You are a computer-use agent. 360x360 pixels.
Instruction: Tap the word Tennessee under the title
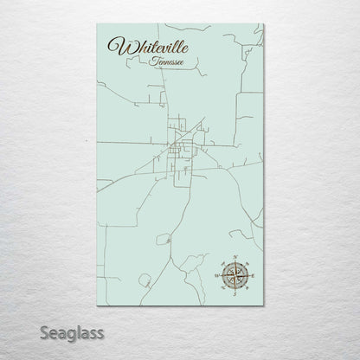pyautogui.click(x=165, y=61)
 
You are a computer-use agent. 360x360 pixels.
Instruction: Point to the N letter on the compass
pyautogui.click(x=233, y=257)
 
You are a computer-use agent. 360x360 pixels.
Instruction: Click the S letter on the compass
pyautogui.click(x=233, y=294)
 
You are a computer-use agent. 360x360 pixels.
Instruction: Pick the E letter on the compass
pyautogui.click(x=252, y=276)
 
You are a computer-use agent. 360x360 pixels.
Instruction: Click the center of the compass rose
pyautogui.click(x=233, y=276)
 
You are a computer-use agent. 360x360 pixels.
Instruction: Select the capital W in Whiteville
pyautogui.click(x=117, y=47)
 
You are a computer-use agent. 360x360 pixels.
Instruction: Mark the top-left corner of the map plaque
pyautogui.click(x=98, y=24)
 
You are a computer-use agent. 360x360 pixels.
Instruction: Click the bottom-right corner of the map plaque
pyautogui.click(x=263, y=305)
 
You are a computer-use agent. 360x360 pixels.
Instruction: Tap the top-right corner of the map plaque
pyautogui.click(x=263, y=24)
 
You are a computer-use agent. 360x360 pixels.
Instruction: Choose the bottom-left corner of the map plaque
pyautogui.click(x=98, y=305)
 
